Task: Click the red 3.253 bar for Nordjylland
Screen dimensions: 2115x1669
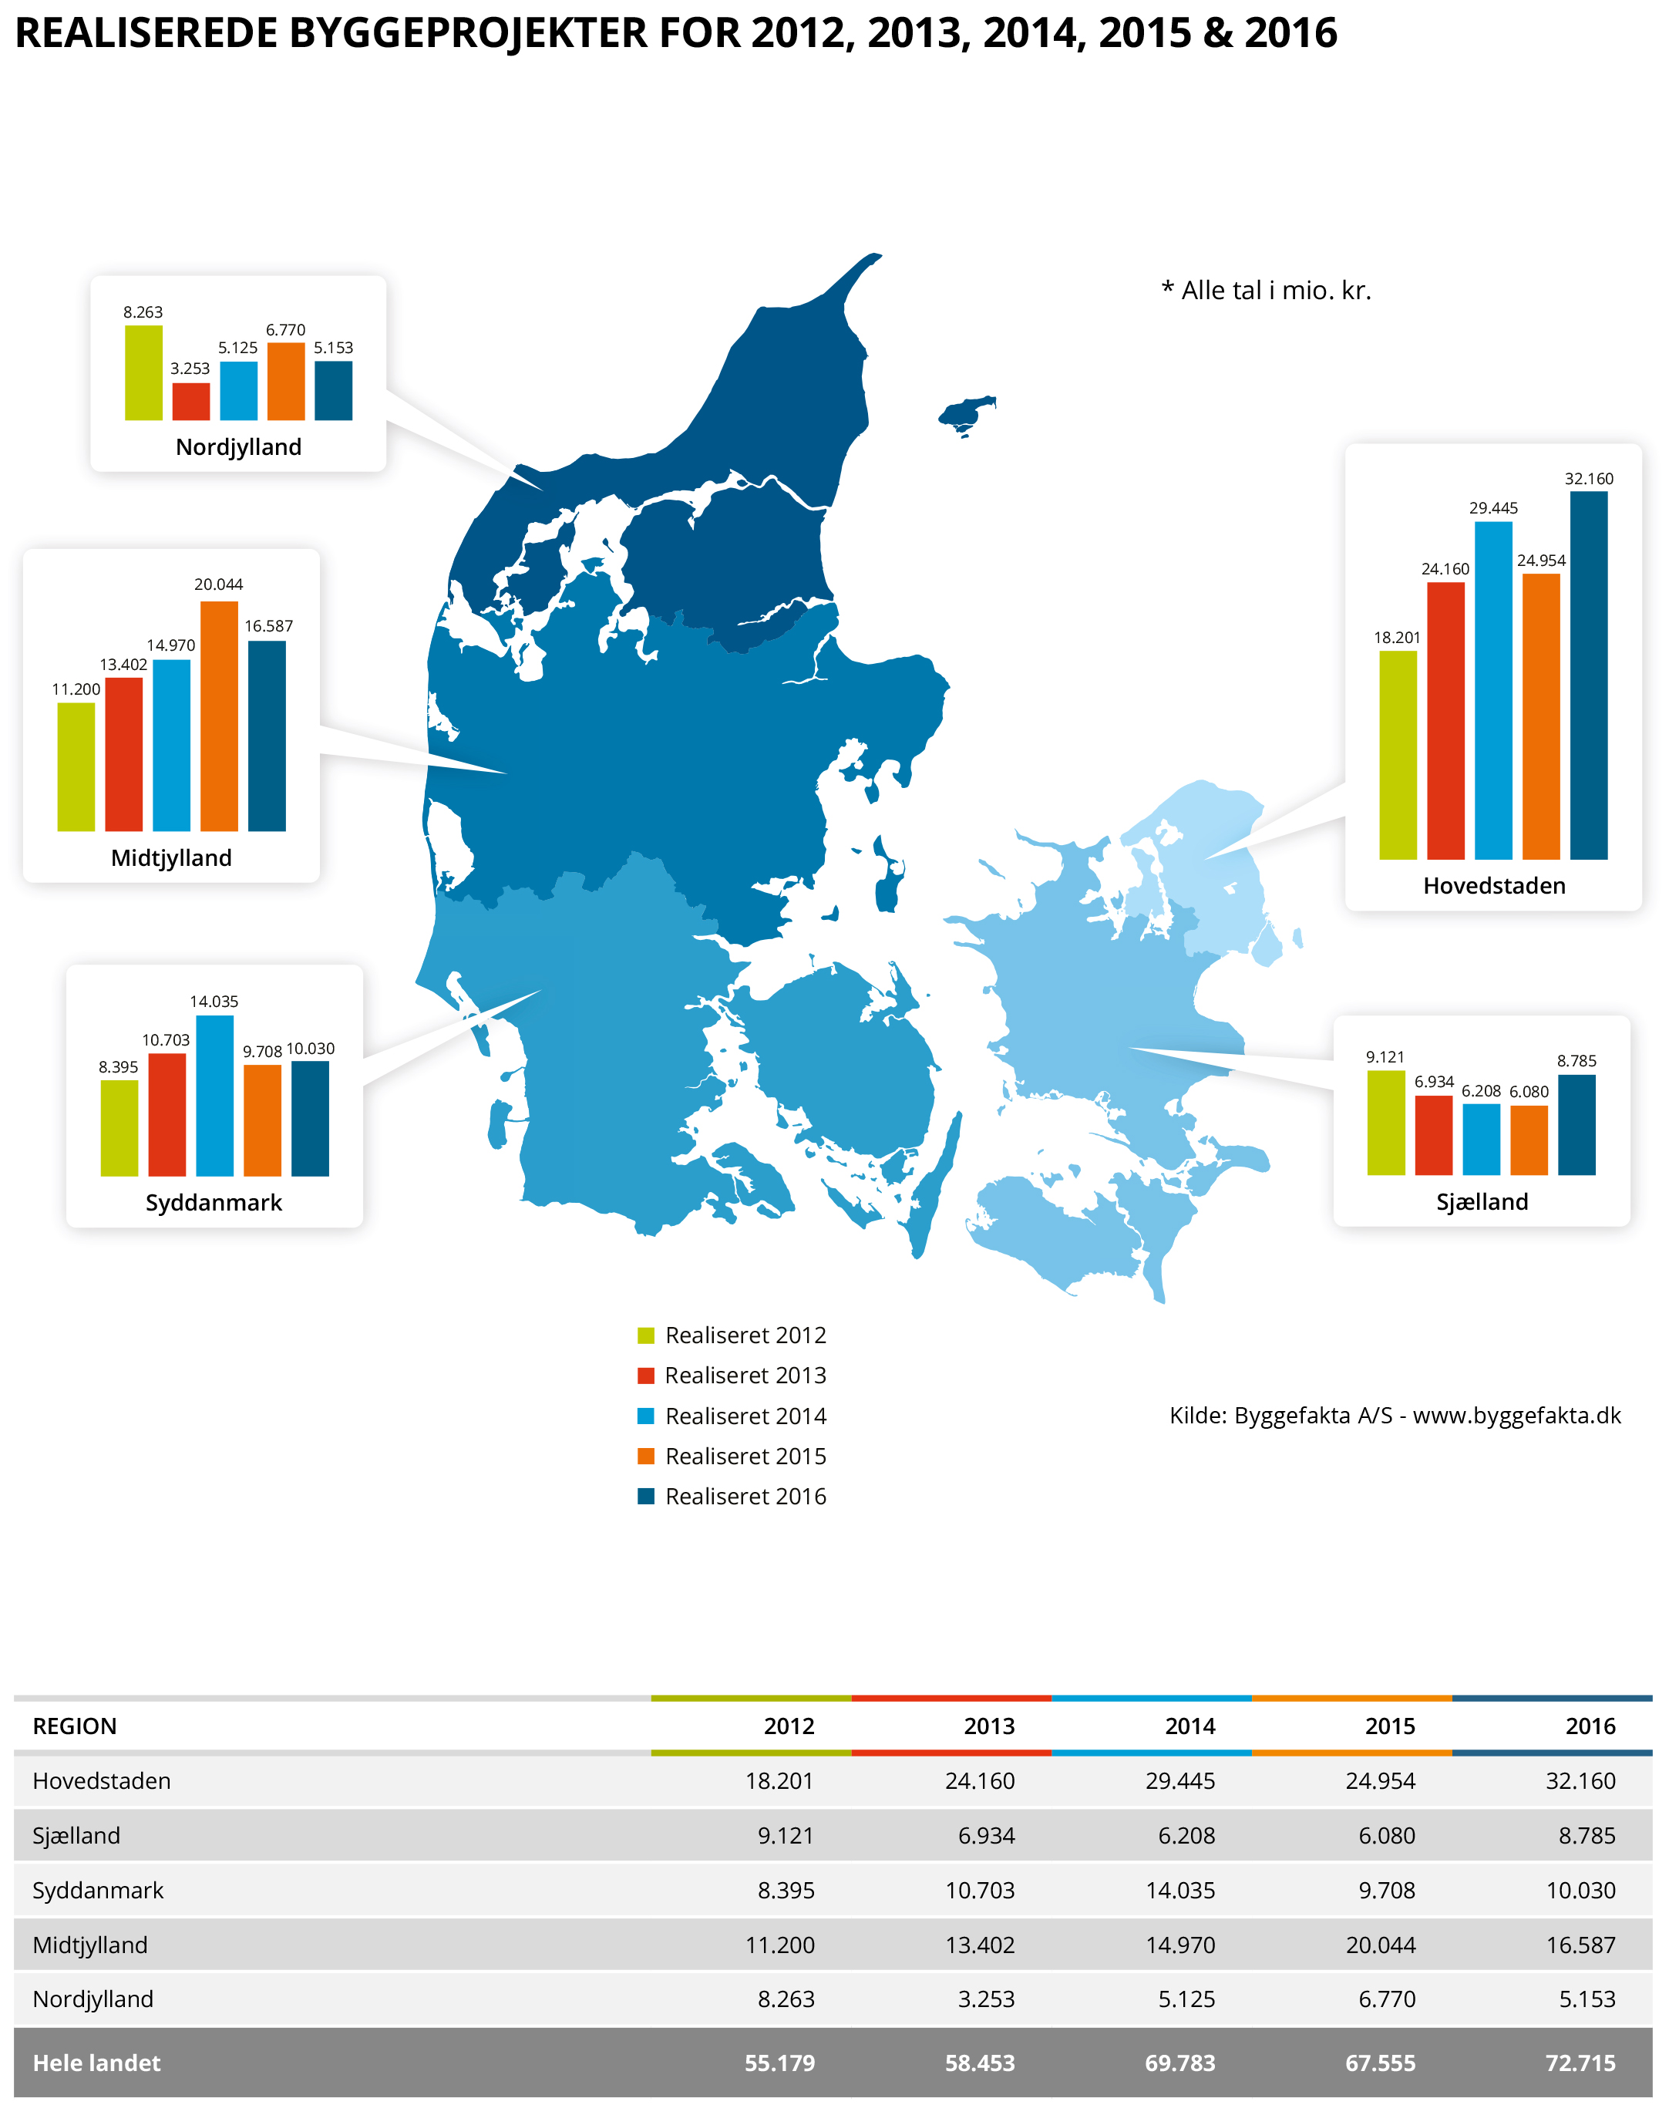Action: coord(190,402)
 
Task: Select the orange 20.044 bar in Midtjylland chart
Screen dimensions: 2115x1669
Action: coord(219,716)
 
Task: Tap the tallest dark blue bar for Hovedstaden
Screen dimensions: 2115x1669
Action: coord(1588,675)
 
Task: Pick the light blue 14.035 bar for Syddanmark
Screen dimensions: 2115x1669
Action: coord(215,1096)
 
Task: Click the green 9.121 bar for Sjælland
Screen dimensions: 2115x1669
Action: coord(1385,1123)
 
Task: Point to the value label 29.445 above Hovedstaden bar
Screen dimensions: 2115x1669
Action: coord(1493,508)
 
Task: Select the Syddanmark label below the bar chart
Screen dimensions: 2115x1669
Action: coord(214,1202)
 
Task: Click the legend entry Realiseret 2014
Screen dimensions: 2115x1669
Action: coord(745,1416)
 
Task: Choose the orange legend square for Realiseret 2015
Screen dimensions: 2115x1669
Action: coord(646,1457)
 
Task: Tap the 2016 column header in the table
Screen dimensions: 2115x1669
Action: coord(1590,1726)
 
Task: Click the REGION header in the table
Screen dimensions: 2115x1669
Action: coord(76,1726)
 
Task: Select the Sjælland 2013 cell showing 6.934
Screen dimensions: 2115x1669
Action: coord(986,1835)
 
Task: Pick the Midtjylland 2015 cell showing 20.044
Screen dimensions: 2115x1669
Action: coord(1380,1945)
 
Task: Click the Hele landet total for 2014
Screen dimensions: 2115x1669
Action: coord(1179,2063)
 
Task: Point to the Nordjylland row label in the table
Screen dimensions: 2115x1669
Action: coord(93,1999)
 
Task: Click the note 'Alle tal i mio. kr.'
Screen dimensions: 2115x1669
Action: coord(1267,290)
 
